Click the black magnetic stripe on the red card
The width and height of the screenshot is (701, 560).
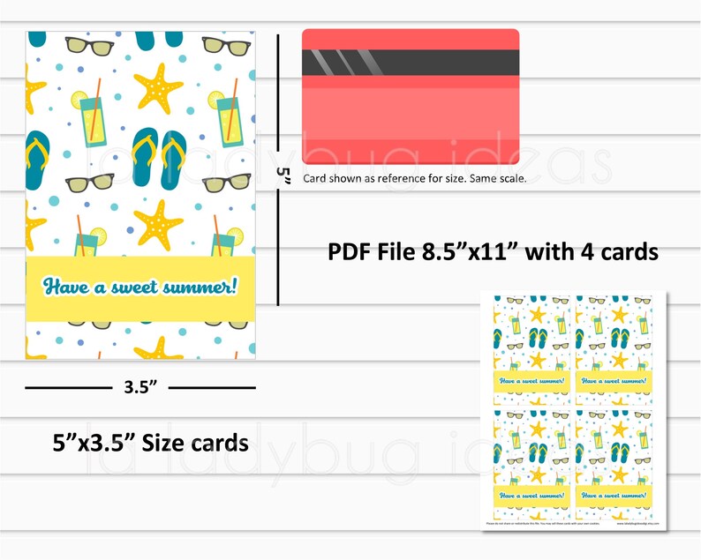tap(411, 64)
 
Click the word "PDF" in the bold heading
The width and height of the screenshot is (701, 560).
tap(348, 252)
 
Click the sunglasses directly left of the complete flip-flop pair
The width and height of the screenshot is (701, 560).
tap(89, 183)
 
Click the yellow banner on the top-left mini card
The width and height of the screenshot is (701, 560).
tap(531, 381)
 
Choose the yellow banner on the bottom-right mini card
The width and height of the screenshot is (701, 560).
tap(616, 497)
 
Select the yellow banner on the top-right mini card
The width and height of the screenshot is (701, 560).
tap(616, 381)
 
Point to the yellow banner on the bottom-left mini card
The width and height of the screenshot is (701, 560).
tap(531, 497)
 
